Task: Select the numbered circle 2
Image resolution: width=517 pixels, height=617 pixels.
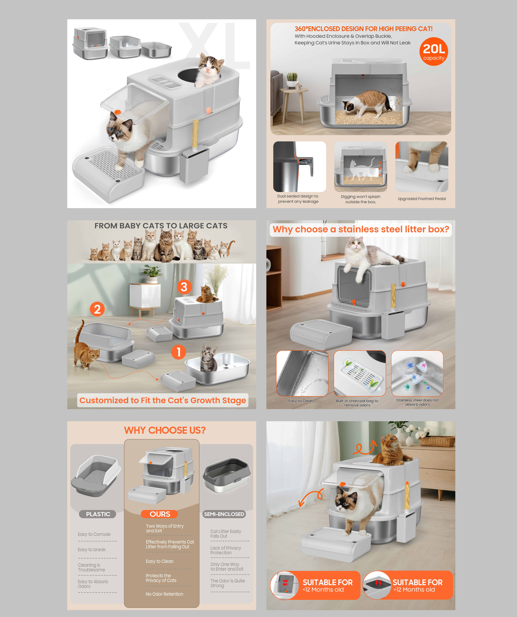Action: tap(97, 309)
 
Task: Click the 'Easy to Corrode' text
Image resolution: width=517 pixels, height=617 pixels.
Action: tap(94, 534)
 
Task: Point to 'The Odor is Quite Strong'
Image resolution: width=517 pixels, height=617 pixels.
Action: tap(227, 583)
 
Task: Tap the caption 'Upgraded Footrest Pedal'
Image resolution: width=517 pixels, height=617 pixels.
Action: tap(422, 199)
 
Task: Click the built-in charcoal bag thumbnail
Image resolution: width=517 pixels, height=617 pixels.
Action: tap(360, 373)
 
